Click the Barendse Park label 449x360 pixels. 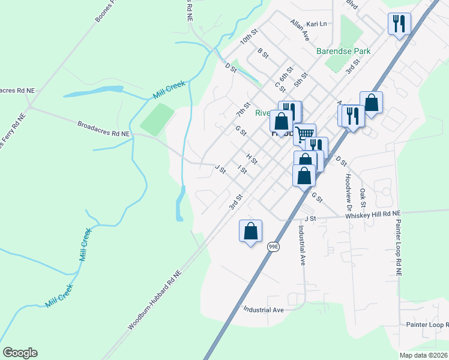(343, 51)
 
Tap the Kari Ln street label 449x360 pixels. (316, 24)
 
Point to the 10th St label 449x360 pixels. (248, 37)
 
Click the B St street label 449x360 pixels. (262, 53)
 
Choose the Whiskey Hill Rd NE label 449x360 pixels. (373, 214)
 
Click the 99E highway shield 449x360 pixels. (273, 247)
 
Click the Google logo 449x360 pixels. (20, 353)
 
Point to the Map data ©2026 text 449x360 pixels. (422, 355)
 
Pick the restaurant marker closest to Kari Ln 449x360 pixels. (399, 24)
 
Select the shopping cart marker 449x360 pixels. (305, 133)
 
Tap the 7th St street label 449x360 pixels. (243, 109)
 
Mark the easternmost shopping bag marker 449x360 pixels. (372, 103)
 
